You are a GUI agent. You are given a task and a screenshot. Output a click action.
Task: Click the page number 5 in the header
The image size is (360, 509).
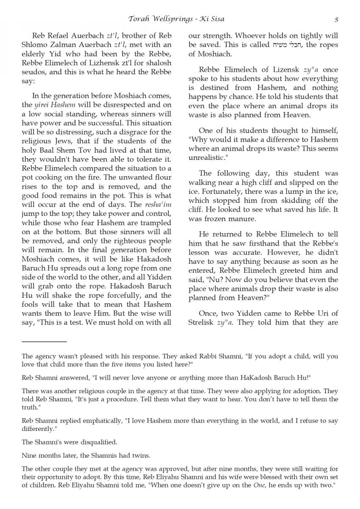click(336, 19)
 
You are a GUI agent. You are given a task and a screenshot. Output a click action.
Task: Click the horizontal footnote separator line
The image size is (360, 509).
click(44, 341)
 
